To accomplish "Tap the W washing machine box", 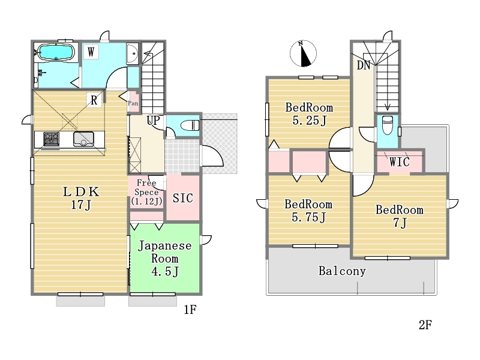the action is click(91, 52).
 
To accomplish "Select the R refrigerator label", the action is click(94, 100).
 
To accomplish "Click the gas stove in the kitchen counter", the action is click(51, 139).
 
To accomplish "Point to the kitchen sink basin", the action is click(83, 139).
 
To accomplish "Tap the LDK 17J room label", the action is click(81, 198).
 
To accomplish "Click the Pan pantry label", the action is click(133, 103).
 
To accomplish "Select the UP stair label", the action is click(154, 121).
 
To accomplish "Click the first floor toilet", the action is click(190, 125).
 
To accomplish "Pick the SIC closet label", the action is click(183, 198).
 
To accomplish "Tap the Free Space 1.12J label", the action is click(146, 192).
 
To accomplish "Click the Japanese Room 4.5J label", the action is click(165, 259).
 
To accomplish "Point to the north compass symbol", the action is click(303, 53).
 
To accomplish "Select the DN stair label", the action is click(364, 65).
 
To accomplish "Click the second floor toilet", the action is click(388, 125).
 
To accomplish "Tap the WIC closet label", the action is click(400, 162).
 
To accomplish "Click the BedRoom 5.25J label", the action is click(309, 114).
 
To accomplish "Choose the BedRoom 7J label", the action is click(400, 216).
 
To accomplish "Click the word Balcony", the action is click(342, 271).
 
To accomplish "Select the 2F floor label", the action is click(425, 325).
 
